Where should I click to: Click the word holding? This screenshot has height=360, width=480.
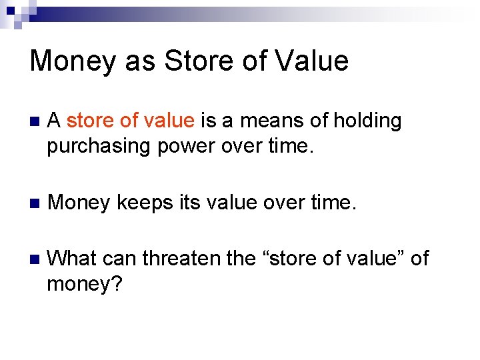tap(367, 121)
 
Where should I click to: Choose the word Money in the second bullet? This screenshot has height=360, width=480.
tap(77, 202)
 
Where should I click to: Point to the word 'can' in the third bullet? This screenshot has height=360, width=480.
tap(121, 259)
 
